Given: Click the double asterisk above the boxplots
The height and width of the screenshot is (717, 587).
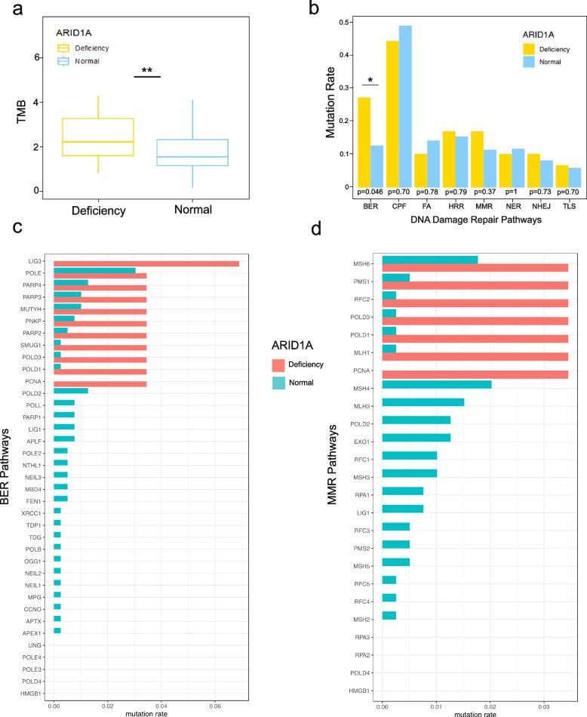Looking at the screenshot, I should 147,71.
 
